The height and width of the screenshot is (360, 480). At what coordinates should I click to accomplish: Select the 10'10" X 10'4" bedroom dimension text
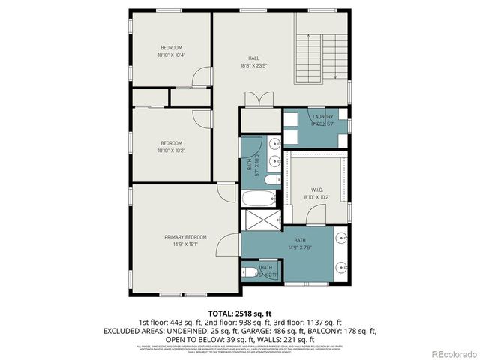(171, 55)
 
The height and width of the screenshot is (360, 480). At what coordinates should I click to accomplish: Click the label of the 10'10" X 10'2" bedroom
(171, 143)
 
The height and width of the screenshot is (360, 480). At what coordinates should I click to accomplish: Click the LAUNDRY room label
(322, 117)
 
